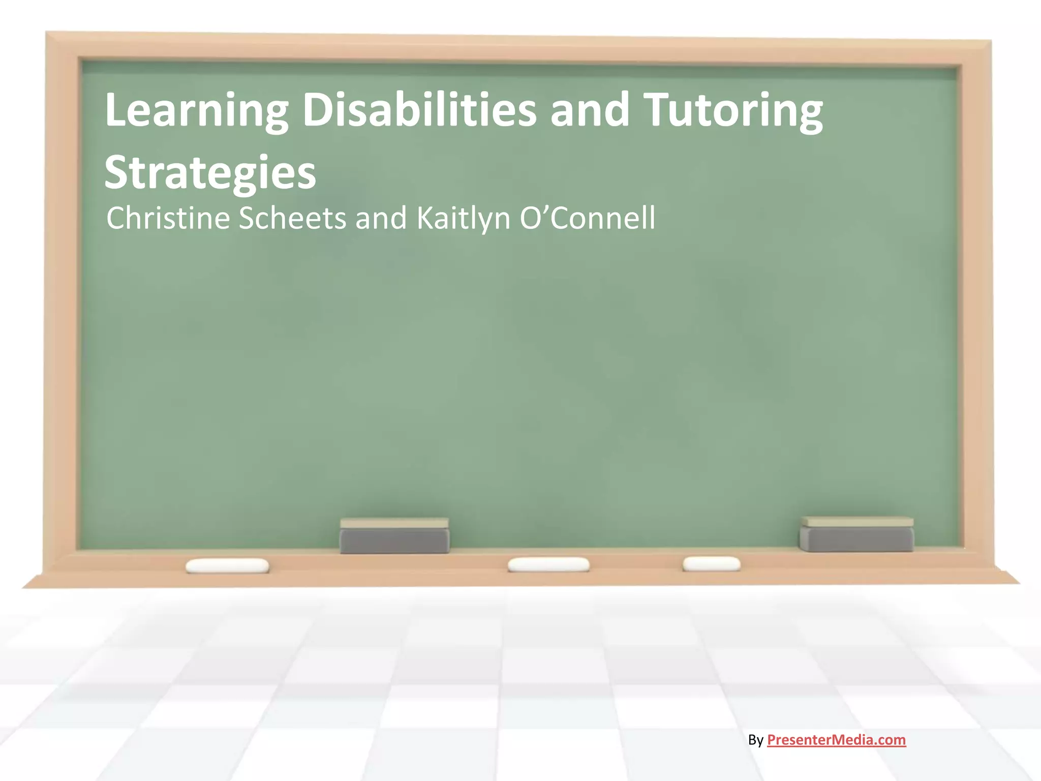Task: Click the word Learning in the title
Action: click(x=196, y=111)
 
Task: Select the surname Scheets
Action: click(x=292, y=218)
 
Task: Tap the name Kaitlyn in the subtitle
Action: click(x=463, y=219)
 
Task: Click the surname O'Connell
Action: click(x=588, y=218)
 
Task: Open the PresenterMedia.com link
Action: click(x=836, y=740)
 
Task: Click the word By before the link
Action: click(x=755, y=740)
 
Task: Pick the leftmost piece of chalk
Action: click(x=227, y=565)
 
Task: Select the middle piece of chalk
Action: click(x=548, y=564)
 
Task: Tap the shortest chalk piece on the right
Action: click(x=711, y=563)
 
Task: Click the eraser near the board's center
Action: click(x=394, y=536)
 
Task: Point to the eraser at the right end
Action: click(x=856, y=534)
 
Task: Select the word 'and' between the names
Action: click(x=381, y=218)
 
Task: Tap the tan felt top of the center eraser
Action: click(x=394, y=523)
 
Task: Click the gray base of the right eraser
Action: click(x=856, y=540)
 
